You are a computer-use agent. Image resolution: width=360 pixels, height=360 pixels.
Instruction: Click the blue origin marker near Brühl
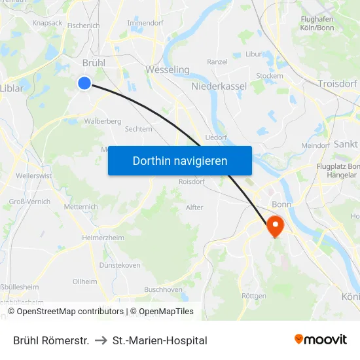84,82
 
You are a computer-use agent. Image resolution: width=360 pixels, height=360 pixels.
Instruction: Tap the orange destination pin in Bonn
275,226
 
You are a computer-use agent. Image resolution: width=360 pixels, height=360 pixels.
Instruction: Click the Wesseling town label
168,69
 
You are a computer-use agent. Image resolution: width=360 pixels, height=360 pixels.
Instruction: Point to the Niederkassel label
219,86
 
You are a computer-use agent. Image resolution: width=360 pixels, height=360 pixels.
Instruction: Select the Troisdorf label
338,83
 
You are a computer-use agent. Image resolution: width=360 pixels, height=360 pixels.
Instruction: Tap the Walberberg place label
103,121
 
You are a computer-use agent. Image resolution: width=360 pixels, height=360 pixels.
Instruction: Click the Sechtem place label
138,129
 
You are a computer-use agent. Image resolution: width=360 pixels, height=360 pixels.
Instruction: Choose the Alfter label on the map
194,207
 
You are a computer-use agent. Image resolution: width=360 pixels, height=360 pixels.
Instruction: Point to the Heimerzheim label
103,238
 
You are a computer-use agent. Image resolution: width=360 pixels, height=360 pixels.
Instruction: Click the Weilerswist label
33,175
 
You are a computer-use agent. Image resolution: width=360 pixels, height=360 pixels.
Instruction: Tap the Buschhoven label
163,289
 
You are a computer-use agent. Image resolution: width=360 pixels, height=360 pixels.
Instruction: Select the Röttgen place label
254,296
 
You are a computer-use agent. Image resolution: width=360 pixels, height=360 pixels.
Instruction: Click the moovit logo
320,339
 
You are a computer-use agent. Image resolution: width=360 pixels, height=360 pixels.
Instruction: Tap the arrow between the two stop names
101,340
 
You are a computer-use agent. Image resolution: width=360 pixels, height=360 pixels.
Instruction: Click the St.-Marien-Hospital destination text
160,340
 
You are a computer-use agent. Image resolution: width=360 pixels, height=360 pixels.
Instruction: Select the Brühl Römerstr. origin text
51,340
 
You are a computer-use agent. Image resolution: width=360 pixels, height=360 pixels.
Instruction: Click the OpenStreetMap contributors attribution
69,312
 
